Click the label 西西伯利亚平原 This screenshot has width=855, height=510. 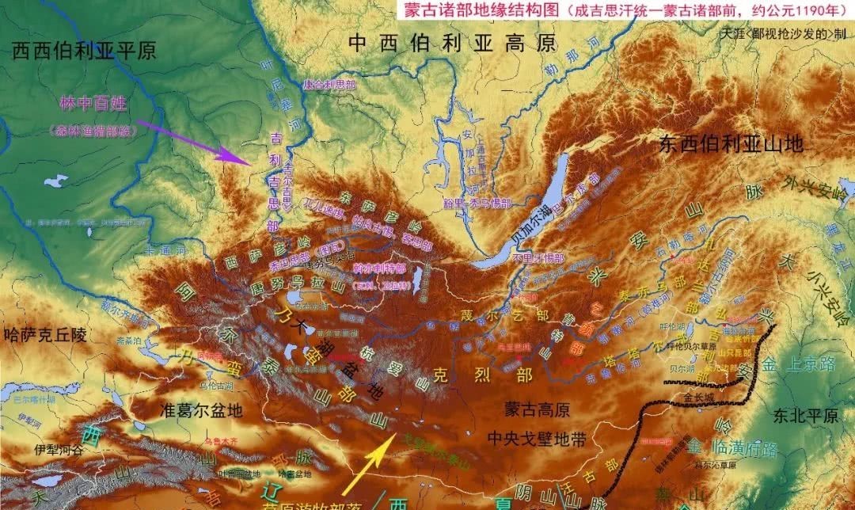point(84,51)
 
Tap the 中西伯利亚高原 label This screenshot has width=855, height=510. point(453,44)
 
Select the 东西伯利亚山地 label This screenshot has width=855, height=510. point(731,144)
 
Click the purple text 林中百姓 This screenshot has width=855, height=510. point(93,104)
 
